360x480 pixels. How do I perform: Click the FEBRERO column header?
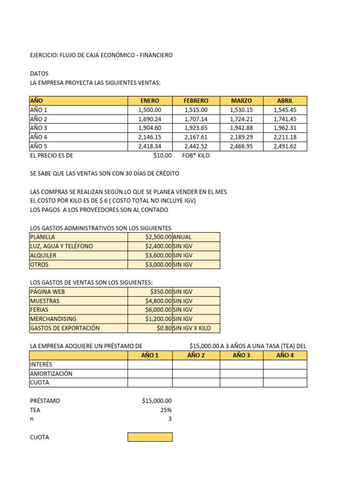(196, 101)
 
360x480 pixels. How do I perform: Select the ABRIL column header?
(285, 101)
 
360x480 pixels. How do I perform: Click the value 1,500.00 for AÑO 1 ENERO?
(150, 110)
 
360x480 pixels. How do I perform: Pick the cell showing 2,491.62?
(285, 146)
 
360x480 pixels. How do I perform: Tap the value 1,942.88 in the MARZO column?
(241, 128)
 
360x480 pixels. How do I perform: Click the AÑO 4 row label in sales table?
(39, 137)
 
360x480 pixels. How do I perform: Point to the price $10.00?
(162, 156)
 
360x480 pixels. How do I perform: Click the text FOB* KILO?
(196, 156)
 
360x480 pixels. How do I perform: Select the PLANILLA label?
(42, 237)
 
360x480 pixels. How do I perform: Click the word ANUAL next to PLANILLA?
(182, 237)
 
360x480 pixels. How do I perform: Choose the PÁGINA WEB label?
(47, 292)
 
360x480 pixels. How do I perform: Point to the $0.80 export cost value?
(164, 328)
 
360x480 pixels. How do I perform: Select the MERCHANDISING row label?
(53, 319)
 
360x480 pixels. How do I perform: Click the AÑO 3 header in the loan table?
(241, 355)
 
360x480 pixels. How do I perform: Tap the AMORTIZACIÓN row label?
(51, 374)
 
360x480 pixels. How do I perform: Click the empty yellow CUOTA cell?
(150, 437)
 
